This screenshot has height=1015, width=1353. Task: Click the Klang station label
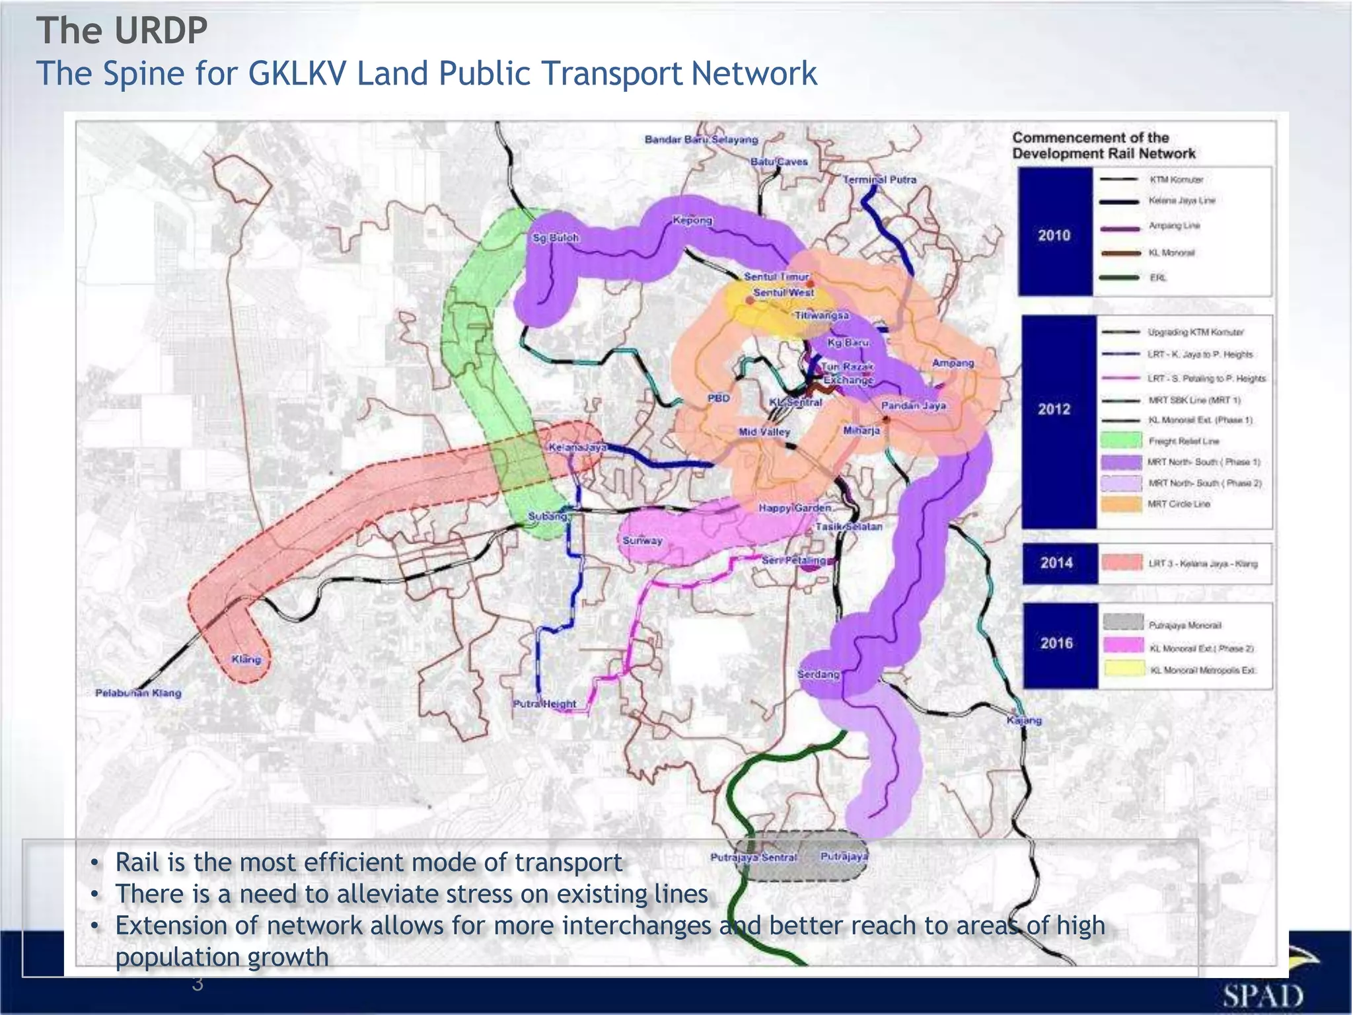click(x=246, y=659)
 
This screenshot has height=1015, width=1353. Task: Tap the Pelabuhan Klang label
click(x=138, y=693)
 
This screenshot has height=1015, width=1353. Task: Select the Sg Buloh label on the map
click(x=556, y=238)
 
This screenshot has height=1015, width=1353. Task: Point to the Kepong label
click(x=692, y=221)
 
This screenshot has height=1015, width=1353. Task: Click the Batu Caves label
click(x=779, y=162)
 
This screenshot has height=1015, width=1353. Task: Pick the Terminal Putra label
click(x=880, y=180)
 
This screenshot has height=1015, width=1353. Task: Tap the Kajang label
click(x=1024, y=720)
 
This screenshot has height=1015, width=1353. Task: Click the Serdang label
click(x=819, y=675)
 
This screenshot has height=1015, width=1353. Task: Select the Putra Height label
click(x=545, y=704)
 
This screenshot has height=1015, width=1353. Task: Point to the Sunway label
click(x=642, y=541)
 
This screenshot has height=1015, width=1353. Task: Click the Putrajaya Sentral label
click(x=754, y=857)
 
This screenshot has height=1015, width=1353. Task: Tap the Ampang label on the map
click(x=953, y=363)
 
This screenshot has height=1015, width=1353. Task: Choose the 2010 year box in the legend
click(x=1054, y=235)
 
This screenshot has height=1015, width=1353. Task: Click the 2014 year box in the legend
click(x=1056, y=563)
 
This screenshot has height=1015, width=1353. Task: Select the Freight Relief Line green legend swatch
click(x=1122, y=440)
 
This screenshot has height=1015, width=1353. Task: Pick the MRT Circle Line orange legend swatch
click(x=1122, y=504)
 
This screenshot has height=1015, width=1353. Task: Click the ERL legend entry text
click(x=1158, y=278)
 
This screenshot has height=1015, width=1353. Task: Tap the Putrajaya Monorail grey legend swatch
click(x=1123, y=622)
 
